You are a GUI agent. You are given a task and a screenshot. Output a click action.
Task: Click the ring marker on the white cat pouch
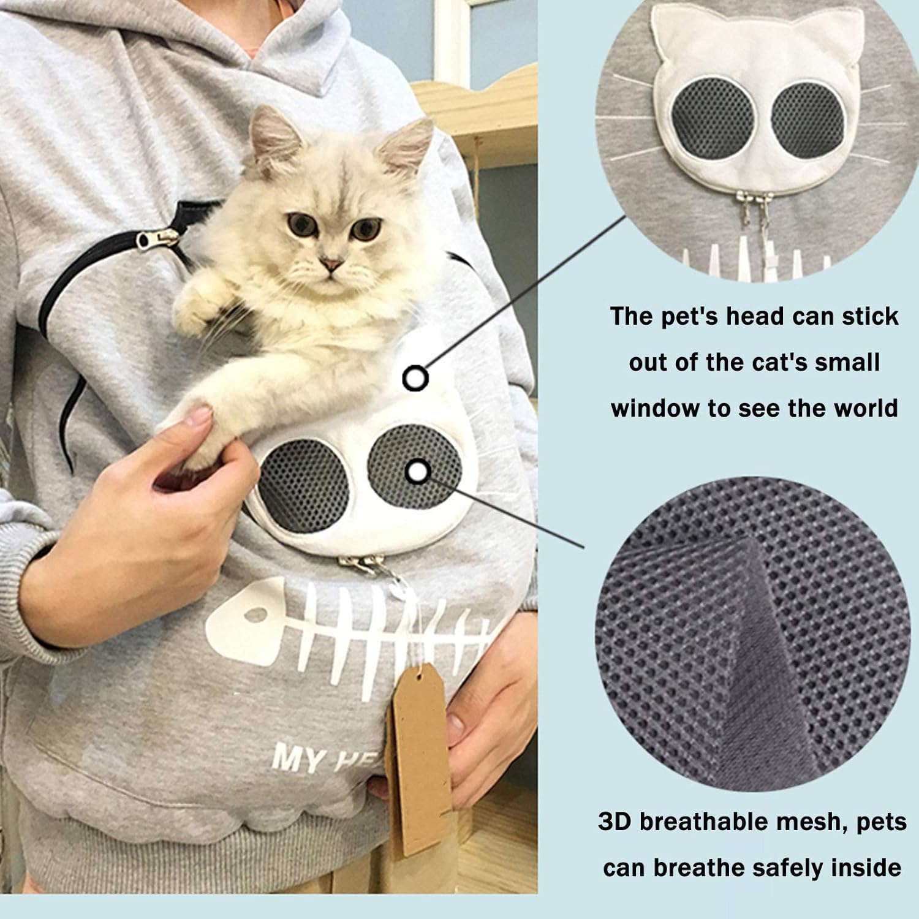415,379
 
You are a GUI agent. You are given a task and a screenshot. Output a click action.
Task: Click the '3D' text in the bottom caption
615,822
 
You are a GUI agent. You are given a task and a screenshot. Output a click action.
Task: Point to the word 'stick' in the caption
870,316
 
